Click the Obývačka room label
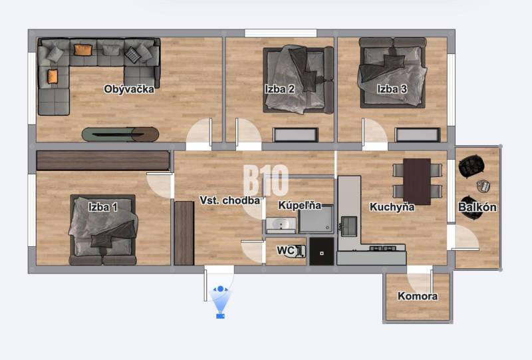coord(129,89)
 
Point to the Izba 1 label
coord(103,207)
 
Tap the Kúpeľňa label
coord(299,206)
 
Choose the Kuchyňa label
coord(392,207)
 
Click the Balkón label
coord(477,207)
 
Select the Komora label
coord(418,296)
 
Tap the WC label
coord(287,250)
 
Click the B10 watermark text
coord(266,180)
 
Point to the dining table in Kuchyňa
coord(418,180)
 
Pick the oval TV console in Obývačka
coord(120,134)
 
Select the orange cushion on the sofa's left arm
coord(53,76)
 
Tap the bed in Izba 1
coord(103,230)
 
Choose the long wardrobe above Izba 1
coord(103,160)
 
